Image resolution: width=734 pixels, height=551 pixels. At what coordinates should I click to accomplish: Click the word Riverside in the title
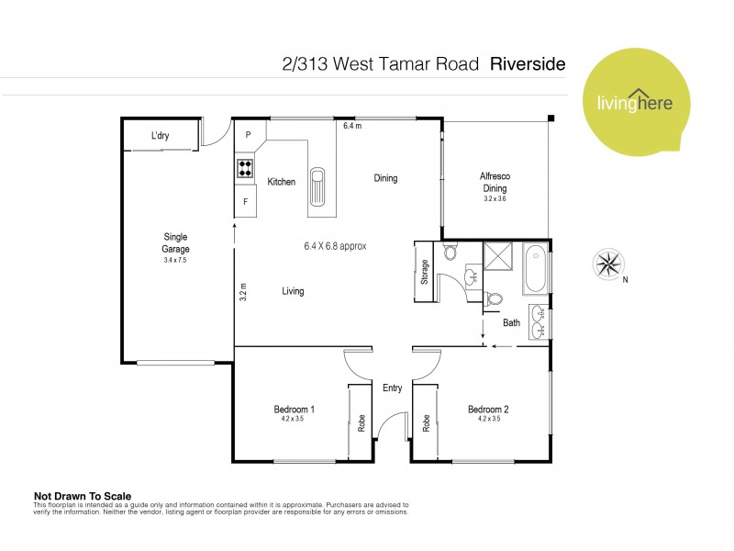[x=528, y=64]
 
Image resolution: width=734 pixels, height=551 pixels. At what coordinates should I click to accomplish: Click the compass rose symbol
[x=608, y=264]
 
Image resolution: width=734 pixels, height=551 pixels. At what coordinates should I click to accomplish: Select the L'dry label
[x=161, y=137]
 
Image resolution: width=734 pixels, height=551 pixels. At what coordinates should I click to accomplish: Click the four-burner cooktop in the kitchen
[x=246, y=168]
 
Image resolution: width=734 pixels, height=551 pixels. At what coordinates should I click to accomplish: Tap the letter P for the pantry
[x=247, y=136]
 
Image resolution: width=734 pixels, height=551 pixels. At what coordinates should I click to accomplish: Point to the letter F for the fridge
[x=245, y=201]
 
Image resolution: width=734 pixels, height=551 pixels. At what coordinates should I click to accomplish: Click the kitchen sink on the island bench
[x=317, y=186]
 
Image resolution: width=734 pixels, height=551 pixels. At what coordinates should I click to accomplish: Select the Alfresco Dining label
[x=495, y=183]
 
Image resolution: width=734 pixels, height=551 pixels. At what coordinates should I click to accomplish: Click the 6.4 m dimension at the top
[x=352, y=126]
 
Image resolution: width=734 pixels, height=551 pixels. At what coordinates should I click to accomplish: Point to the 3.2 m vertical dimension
[x=243, y=292]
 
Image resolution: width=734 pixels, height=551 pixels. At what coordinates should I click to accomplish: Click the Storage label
[x=425, y=273]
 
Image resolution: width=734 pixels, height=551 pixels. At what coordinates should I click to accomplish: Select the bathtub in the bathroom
[x=536, y=268]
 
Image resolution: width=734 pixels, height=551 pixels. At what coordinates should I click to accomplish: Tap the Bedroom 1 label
[x=295, y=410]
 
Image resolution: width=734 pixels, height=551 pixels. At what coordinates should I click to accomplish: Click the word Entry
[x=392, y=388]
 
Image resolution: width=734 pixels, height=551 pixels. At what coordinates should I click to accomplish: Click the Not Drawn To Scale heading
[x=79, y=492]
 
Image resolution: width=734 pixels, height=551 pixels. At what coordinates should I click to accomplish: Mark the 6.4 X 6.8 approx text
[x=336, y=246]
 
